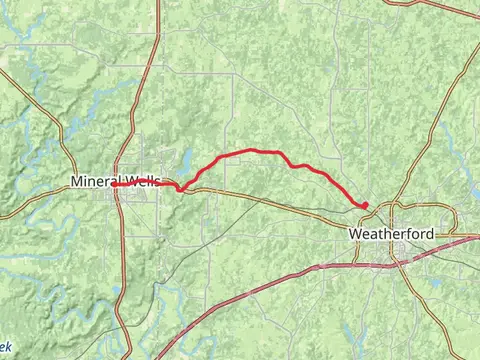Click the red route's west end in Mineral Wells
point(113,185)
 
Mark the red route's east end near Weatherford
point(365,205)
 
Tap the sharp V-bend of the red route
point(181,190)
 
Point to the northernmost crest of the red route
point(250,150)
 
